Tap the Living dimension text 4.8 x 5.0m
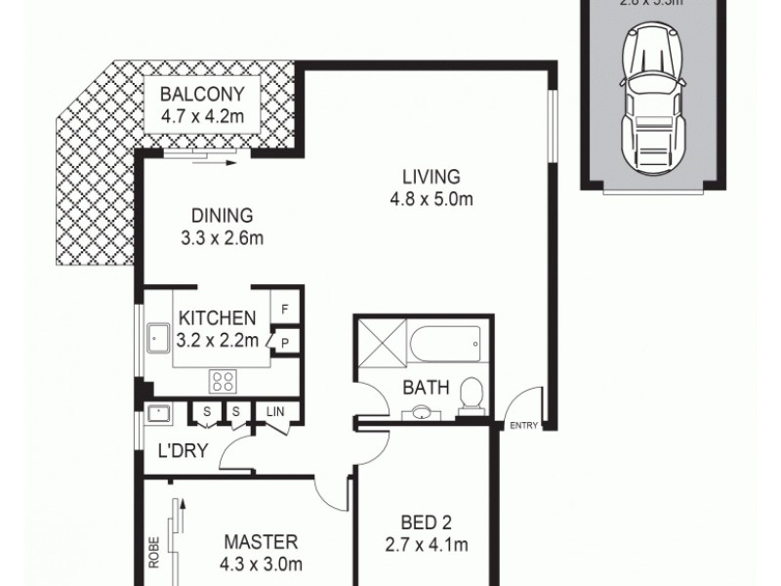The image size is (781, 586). tap(431, 201)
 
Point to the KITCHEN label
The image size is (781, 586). tap(217, 317)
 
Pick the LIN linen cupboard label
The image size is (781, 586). tap(276, 412)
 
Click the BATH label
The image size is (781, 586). tap(426, 388)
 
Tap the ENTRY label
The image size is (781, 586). tap(523, 425)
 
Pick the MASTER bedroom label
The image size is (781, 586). tap(260, 542)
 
